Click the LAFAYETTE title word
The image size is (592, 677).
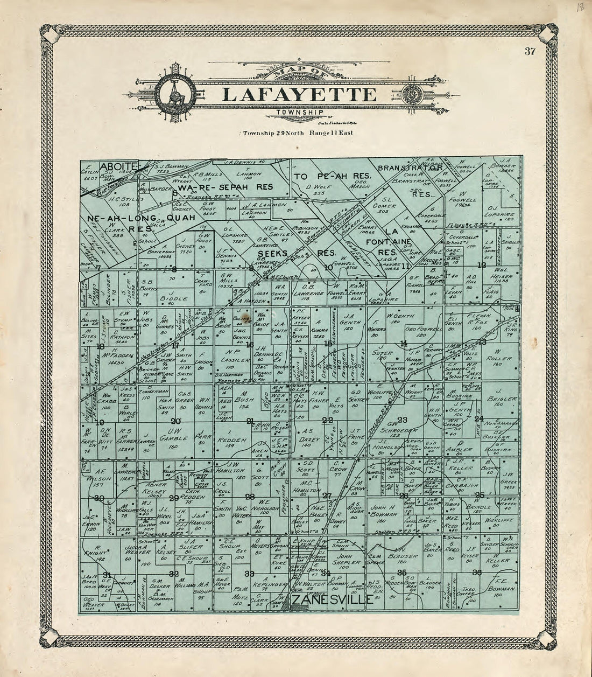pos(299,94)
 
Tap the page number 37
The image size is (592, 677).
pos(531,52)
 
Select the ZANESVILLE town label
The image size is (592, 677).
pos(332,599)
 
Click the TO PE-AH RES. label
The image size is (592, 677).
pos(326,177)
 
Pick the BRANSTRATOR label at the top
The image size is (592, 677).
pos(410,167)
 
